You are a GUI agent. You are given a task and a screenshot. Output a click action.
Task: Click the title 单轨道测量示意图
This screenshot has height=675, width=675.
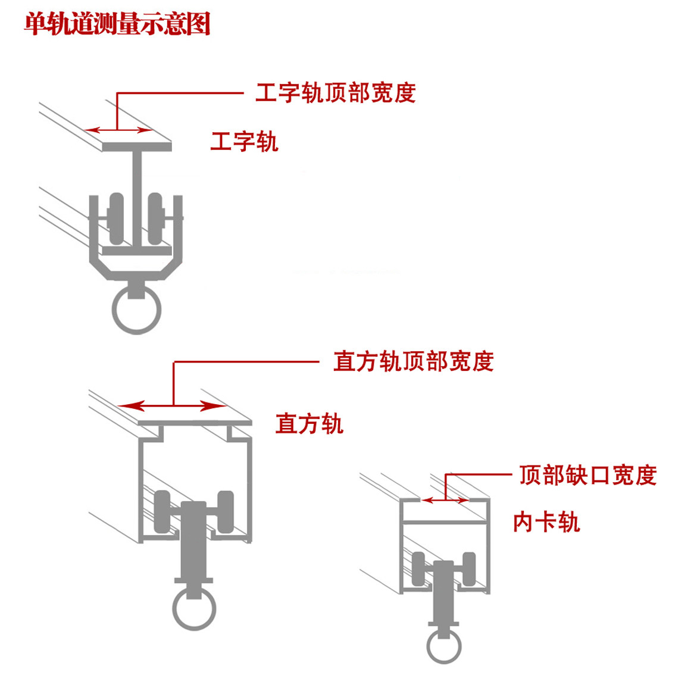pyautogui.click(x=117, y=24)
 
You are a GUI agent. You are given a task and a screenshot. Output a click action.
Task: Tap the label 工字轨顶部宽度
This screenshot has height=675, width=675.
pyautogui.click(x=335, y=93)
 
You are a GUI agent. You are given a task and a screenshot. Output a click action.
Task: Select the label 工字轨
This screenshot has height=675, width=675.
pyautogui.click(x=244, y=142)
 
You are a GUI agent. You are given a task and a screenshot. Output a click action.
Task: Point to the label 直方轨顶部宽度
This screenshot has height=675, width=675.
pyautogui.click(x=413, y=361)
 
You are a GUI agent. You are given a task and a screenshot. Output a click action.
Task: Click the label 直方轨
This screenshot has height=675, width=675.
pyautogui.click(x=309, y=424)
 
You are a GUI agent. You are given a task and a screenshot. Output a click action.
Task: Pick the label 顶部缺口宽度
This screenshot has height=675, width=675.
pyautogui.click(x=587, y=476)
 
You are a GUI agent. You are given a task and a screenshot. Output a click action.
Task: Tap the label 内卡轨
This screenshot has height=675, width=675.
pyautogui.click(x=546, y=522)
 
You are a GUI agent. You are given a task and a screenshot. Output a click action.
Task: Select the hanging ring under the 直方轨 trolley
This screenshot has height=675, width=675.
pyautogui.click(x=194, y=608)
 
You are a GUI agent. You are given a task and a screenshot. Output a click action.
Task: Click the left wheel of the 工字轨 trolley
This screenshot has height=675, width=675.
pyautogui.click(x=117, y=218)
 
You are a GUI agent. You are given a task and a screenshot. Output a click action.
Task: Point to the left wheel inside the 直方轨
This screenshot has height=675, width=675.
pyautogui.click(x=162, y=511)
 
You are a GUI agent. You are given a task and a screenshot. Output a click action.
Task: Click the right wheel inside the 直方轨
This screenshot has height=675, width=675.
pyautogui.click(x=226, y=511)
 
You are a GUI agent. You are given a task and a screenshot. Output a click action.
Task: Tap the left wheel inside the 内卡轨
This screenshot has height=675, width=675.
pyautogui.click(x=418, y=569)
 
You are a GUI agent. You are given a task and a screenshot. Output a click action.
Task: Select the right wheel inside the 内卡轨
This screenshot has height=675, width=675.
pyautogui.click(x=469, y=569)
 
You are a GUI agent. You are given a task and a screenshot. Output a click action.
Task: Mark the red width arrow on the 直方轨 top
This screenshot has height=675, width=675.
pyautogui.click(x=173, y=406)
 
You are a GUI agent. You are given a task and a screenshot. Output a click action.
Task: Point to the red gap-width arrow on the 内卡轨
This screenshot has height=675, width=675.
pyautogui.click(x=445, y=501)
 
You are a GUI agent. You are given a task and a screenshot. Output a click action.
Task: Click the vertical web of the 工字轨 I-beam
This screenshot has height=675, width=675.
pyautogui.click(x=137, y=190)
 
